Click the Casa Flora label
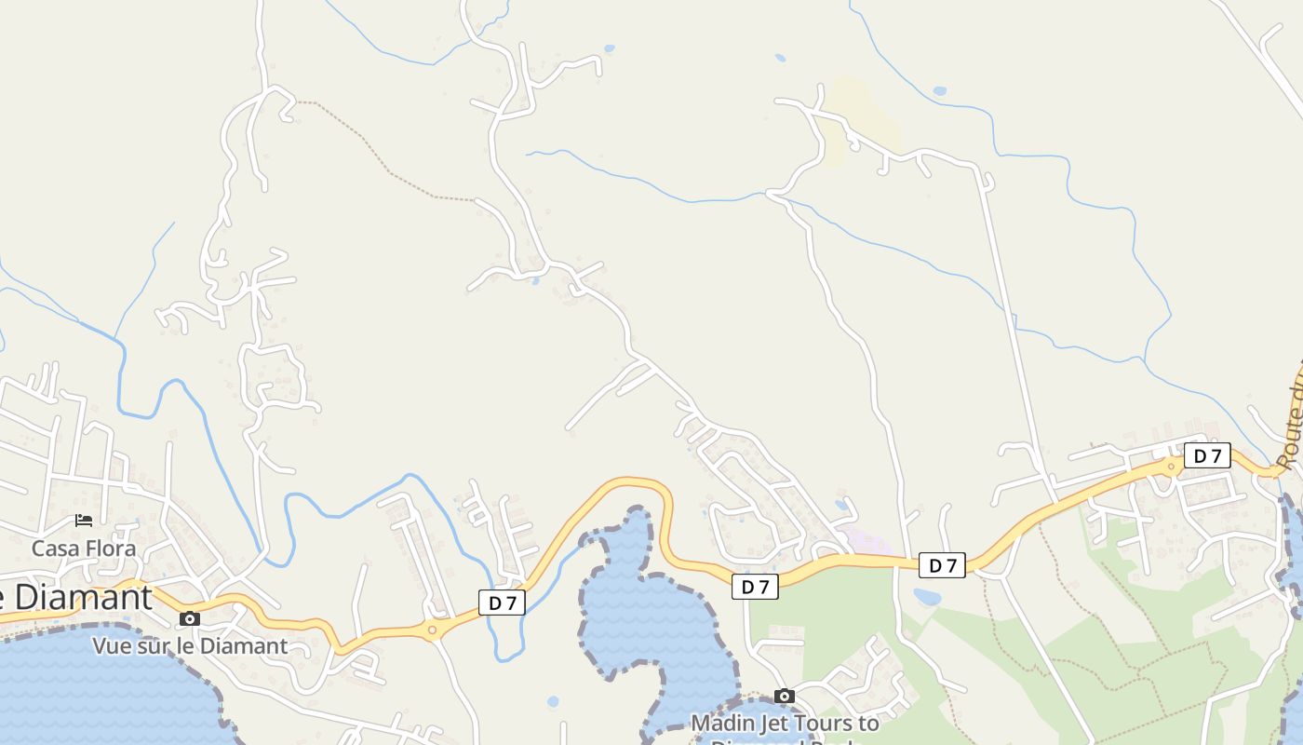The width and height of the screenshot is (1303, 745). click(x=84, y=549)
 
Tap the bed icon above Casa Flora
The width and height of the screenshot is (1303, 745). click(x=84, y=520)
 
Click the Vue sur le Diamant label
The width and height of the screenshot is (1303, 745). click(x=190, y=645)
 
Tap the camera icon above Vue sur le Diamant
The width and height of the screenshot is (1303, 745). click(x=190, y=618)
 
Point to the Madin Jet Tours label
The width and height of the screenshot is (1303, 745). click(x=785, y=723)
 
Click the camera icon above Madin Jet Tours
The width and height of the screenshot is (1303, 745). click(x=785, y=696)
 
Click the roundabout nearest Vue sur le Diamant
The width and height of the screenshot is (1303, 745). click(x=432, y=630)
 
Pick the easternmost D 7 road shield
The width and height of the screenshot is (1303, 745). click(x=1207, y=455)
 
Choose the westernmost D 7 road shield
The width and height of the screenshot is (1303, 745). click(x=503, y=603)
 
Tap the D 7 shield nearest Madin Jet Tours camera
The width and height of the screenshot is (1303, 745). click(x=755, y=587)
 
